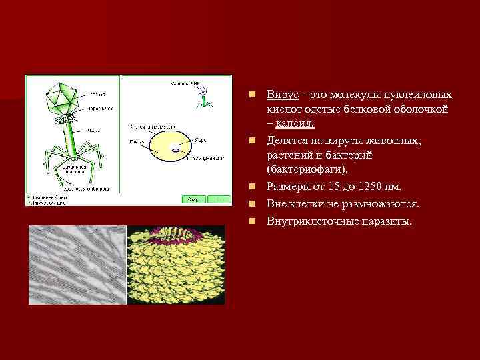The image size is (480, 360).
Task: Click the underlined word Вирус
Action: click(x=279, y=95)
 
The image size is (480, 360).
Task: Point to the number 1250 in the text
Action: click(x=371, y=187)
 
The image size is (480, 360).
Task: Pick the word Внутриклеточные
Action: click(x=307, y=220)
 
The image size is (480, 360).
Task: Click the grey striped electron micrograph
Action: click(x=77, y=265)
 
